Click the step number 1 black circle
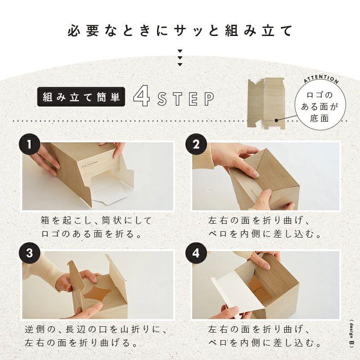(30, 145)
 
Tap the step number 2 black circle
(196, 145)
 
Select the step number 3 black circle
(30, 253)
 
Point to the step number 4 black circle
(196, 253)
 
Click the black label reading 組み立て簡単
(82, 96)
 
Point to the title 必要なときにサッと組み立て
(180, 31)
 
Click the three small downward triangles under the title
(180, 58)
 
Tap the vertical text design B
(351, 333)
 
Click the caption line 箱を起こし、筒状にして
(96, 221)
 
